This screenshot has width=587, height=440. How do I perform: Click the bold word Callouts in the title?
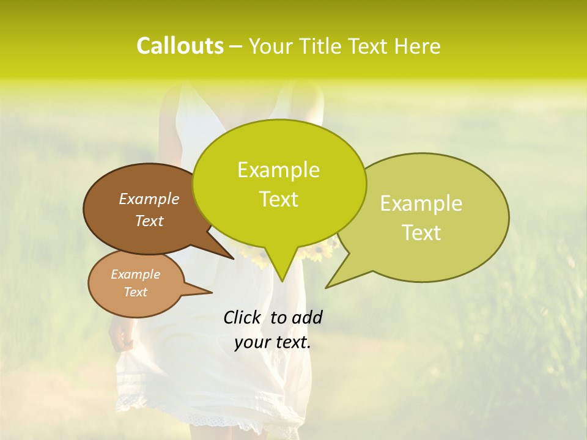[x=180, y=46]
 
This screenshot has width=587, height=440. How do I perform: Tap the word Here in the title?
[x=418, y=46]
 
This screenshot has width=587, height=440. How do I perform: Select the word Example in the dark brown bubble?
[x=149, y=199]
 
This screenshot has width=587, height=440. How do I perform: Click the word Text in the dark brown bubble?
[x=149, y=221]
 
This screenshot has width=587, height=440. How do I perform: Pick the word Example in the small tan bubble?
[x=135, y=274]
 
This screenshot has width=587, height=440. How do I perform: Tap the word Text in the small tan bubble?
[x=135, y=292]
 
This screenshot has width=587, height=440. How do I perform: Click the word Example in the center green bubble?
[x=278, y=170]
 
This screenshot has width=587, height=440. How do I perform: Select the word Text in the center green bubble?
[x=278, y=199]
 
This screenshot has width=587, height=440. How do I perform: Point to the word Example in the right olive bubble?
[x=421, y=204]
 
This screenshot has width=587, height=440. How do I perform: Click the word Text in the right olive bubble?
[x=421, y=233]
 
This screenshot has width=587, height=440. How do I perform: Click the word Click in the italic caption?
[x=243, y=317]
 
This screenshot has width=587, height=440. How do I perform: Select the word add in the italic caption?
[x=307, y=317]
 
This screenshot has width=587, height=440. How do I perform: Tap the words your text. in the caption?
[x=273, y=343]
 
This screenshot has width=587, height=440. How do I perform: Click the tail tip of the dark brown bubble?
[x=233, y=258]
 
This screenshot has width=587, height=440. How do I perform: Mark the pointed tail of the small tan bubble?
[x=211, y=291]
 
